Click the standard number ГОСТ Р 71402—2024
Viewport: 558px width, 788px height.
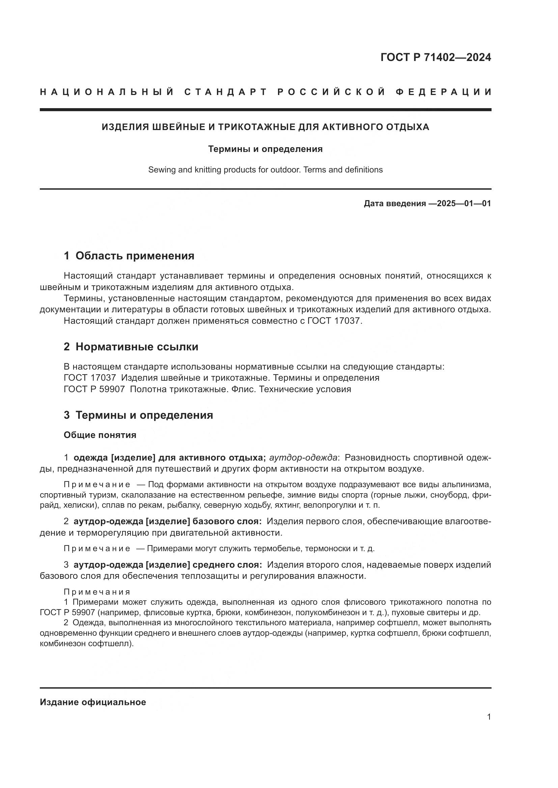(436, 57)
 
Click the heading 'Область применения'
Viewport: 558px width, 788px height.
(135, 256)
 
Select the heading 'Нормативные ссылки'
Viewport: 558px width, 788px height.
(137, 347)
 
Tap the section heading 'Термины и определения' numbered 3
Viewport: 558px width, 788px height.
(144, 415)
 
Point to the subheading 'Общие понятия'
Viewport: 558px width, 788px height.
(100, 435)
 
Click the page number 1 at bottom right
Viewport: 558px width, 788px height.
(489, 717)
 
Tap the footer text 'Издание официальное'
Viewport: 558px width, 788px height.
(93, 702)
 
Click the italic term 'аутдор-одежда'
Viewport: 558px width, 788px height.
(303, 458)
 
